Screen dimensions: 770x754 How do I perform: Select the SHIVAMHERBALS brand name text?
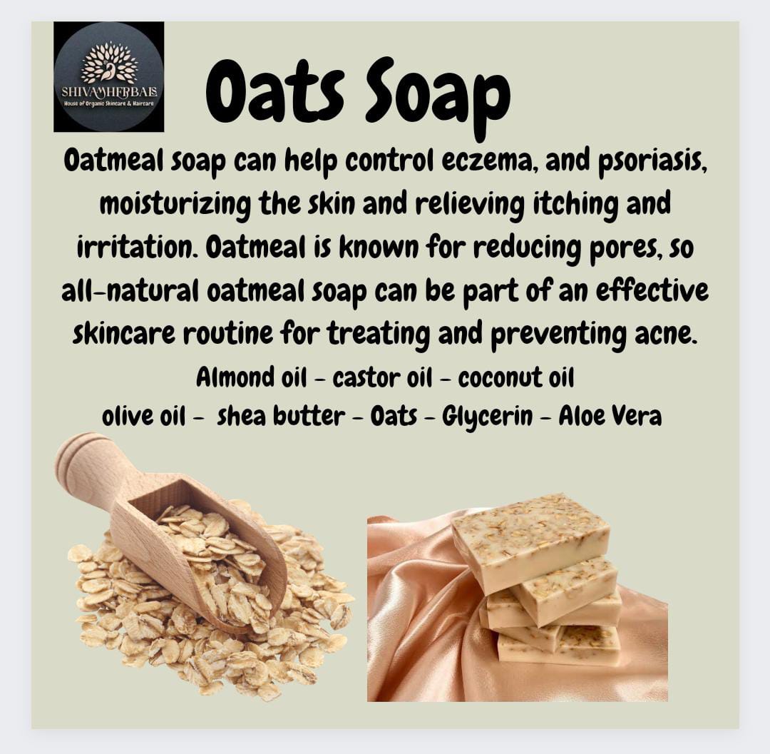[109, 92]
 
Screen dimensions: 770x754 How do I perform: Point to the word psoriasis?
[652, 163]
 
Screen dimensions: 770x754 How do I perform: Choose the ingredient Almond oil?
[252, 377]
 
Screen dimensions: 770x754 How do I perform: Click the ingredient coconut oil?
[515, 378]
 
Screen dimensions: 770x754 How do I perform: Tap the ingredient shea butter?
[281, 416]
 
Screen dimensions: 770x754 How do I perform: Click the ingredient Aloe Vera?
[610, 416]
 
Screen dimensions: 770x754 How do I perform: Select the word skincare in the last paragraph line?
[124, 333]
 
